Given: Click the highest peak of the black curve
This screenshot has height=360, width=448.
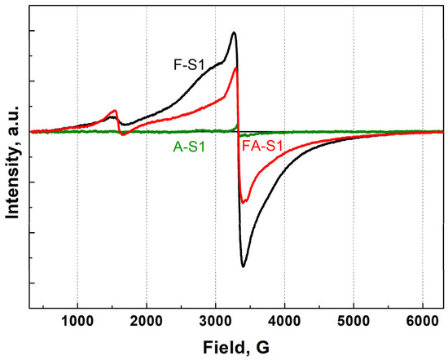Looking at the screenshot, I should [x=235, y=33].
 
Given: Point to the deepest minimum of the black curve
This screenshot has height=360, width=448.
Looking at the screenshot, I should [x=243, y=266].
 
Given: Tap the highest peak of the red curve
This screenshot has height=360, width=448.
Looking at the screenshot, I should [x=236, y=68].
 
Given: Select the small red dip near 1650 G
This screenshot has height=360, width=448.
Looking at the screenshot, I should [x=123, y=134].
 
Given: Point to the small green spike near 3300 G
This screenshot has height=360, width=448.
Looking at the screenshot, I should [x=237, y=125].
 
